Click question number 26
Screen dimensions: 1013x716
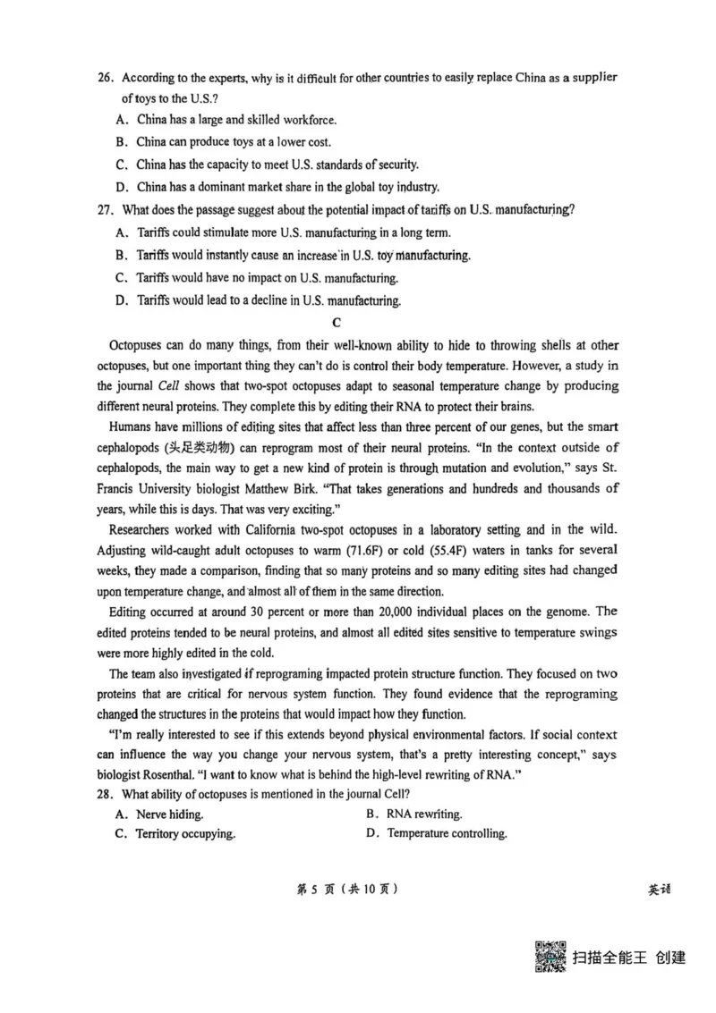click(106, 77)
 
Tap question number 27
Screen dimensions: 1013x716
click(106, 210)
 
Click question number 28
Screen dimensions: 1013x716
click(106, 794)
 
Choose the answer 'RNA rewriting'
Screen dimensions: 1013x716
click(423, 814)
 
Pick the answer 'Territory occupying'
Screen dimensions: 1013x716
click(184, 834)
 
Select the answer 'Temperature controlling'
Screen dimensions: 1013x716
click(447, 834)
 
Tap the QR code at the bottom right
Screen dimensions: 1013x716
click(550, 957)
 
